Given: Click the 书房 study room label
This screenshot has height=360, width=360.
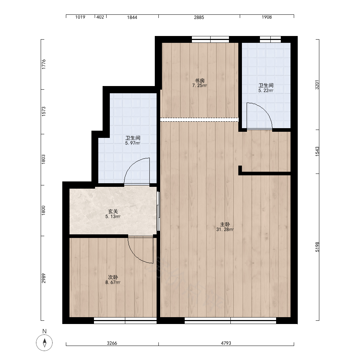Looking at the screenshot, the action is (x=199, y=81).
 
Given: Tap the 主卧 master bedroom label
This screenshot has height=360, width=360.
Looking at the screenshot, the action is (x=225, y=224).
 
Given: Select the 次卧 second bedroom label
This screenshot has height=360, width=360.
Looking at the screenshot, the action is (x=113, y=277).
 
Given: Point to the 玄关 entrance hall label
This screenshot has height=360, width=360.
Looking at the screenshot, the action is (x=113, y=211).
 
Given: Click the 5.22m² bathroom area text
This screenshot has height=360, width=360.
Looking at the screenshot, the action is (x=266, y=90).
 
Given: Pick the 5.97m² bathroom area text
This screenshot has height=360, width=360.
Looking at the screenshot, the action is (x=133, y=143).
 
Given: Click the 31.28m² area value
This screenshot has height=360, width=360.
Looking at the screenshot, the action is (x=225, y=229).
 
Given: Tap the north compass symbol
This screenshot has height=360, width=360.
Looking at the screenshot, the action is (x=44, y=343).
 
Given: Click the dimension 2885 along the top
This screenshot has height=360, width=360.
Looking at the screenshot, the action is (x=199, y=17).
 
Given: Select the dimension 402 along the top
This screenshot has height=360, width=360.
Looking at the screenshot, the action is (x=100, y=17).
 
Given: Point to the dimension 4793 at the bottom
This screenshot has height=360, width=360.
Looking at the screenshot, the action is (x=226, y=343).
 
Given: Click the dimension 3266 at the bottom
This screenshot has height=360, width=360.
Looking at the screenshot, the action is (x=112, y=343).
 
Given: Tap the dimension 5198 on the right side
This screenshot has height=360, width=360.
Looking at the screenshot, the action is (x=317, y=247).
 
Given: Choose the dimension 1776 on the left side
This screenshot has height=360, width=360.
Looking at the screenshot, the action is (x=44, y=64).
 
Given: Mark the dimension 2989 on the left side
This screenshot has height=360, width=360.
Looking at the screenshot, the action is (x=44, y=278).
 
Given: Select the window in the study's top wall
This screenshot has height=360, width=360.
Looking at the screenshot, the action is (x=210, y=39).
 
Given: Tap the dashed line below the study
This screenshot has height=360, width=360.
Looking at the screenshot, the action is (x=199, y=120).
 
